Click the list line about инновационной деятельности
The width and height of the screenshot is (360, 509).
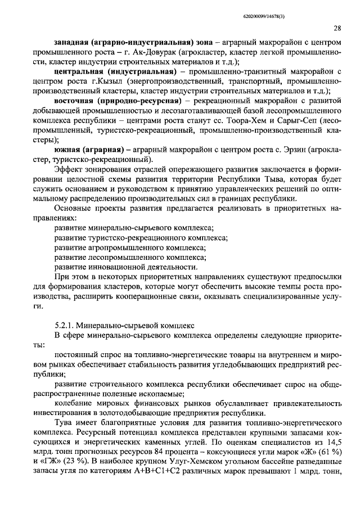(x=126, y=267)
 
